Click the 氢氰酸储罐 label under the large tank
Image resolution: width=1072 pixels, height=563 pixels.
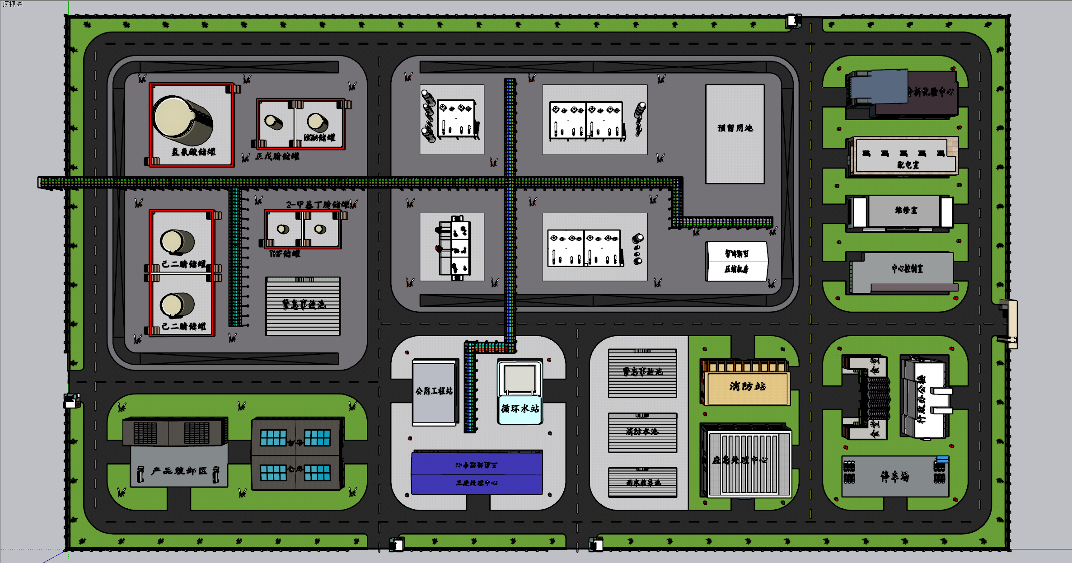tap(193, 152)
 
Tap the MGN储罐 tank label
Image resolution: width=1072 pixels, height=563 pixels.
tap(319, 137)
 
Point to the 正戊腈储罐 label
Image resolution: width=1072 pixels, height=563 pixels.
tap(277, 156)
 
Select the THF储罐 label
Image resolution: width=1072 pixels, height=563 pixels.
tap(285, 253)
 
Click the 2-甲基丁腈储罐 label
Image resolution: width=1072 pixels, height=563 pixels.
tap(318, 205)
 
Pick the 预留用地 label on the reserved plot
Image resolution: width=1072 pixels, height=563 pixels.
tap(735, 128)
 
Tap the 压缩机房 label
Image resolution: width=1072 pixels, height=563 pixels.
tap(736, 269)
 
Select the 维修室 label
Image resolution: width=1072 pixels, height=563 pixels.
tap(906, 210)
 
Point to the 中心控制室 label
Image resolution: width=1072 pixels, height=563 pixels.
tap(907, 268)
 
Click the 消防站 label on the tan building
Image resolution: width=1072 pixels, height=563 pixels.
tap(748, 386)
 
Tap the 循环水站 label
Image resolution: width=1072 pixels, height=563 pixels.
tap(520, 408)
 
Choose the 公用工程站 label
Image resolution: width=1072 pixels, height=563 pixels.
tap(434, 391)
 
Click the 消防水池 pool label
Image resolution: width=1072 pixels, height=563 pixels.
tap(642, 432)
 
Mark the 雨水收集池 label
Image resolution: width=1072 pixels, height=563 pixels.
tap(643, 483)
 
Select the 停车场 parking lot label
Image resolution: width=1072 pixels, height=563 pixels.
tap(894, 476)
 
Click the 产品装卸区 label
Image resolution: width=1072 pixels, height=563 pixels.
tap(179, 471)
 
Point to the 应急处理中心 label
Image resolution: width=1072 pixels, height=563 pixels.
tap(740, 460)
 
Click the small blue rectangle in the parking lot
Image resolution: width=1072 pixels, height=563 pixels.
tap(942, 459)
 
